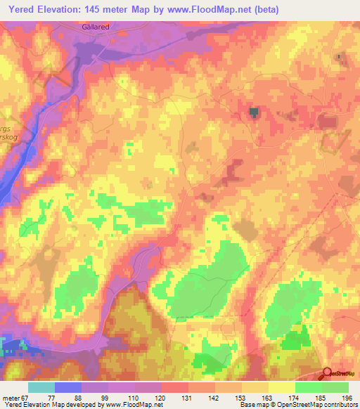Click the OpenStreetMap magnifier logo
click(328, 375)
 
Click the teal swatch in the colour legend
click(41, 387)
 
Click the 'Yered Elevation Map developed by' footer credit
click(47, 405)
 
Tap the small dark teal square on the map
click(254, 111)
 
